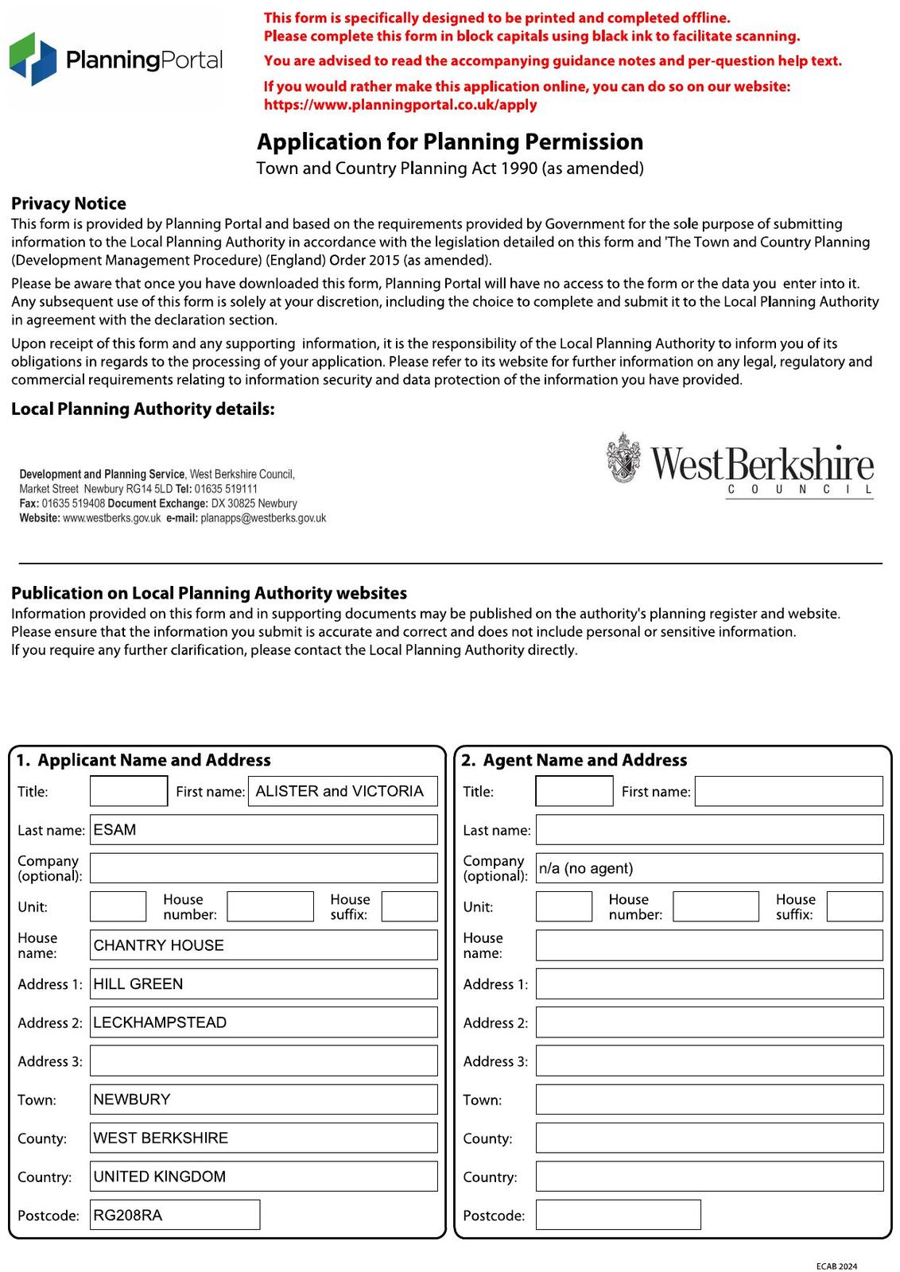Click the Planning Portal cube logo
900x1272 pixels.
[33, 60]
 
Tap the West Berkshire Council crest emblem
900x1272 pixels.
[624, 458]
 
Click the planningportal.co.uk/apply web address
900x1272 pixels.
[400, 105]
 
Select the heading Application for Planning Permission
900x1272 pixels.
[450, 142]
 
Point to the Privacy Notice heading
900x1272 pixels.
[68, 204]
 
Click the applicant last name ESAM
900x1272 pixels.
[115, 830]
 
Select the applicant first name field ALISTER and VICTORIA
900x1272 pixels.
[339, 791]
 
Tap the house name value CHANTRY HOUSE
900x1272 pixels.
[159, 945]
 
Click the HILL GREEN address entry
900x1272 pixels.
[138, 984]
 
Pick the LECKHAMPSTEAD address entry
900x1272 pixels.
[160, 1022]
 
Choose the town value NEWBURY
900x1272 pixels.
[132, 1099]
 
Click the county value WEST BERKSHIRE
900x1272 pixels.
[161, 1138]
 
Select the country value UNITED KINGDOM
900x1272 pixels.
[160, 1177]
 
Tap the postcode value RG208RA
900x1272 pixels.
[128, 1216]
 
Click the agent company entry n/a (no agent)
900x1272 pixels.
[586, 868]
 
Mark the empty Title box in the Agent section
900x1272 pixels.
[574, 791]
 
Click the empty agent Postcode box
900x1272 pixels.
[618, 1215]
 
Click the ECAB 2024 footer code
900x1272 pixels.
[836, 1266]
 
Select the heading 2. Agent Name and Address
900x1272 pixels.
[574, 760]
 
